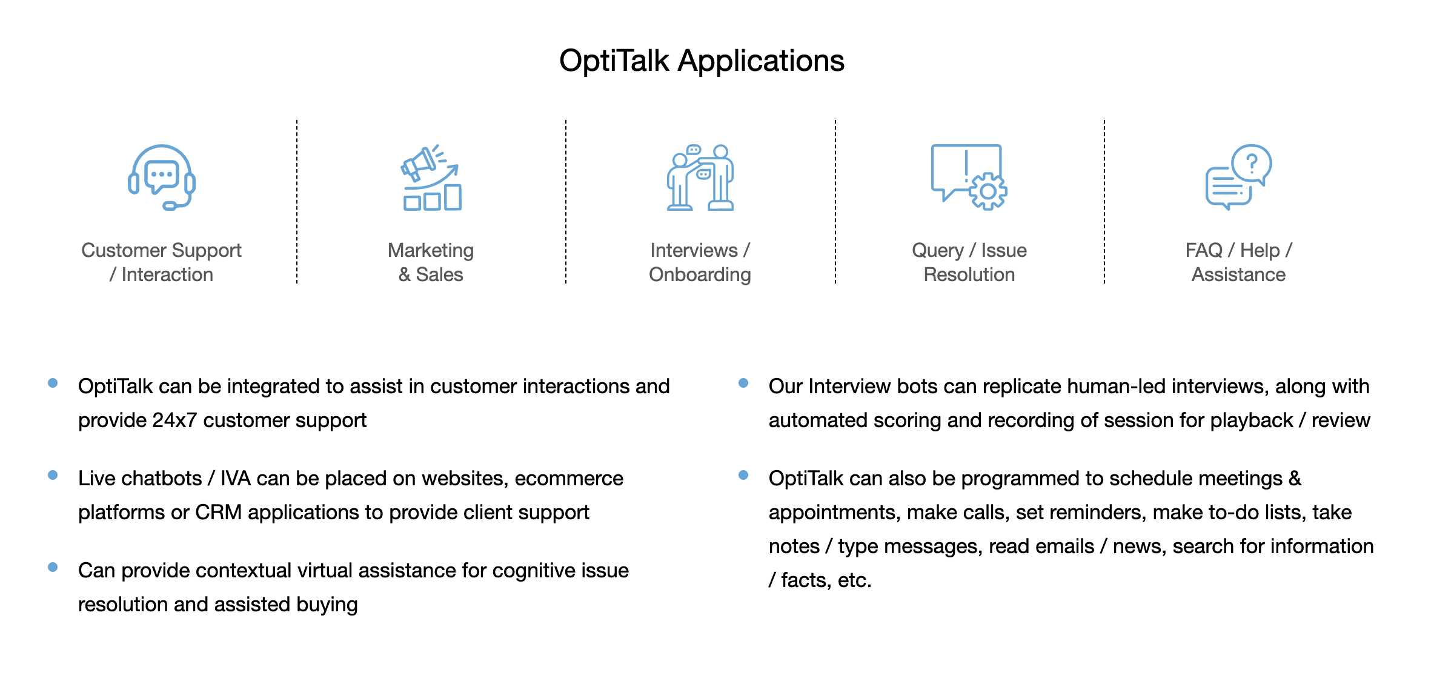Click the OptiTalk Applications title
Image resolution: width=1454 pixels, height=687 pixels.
point(702,61)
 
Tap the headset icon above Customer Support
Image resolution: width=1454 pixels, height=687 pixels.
point(162,177)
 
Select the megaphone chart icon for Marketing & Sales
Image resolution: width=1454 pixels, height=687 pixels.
point(431,178)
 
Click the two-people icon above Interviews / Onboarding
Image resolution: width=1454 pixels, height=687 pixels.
point(700,178)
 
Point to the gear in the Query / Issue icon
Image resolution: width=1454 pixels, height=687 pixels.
point(988,191)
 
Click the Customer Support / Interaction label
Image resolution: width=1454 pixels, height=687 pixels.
point(162,262)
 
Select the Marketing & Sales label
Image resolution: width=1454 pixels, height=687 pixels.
point(431,262)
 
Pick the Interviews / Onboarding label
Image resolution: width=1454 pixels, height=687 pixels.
point(700,262)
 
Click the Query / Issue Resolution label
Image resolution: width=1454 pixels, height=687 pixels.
point(969,262)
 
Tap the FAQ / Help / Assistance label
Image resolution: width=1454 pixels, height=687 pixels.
point(1238,262)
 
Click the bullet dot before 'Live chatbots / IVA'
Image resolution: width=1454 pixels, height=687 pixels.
point(53,475)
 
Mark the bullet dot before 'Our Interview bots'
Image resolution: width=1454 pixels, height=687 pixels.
point(743,383)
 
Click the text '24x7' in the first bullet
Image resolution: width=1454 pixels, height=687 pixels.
point(174,420)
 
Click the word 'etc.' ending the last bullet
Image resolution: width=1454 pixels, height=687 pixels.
point(854,580)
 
